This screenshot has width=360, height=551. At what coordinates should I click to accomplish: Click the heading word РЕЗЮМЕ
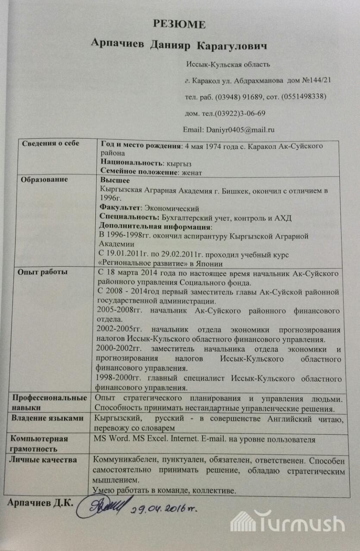pyautogui.click(x=179, y=25)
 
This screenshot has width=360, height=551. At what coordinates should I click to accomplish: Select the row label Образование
pyautogui.click(x=44, y=179)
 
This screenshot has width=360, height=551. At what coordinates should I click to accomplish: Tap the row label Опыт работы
pyautogui.click(x=42, y=272)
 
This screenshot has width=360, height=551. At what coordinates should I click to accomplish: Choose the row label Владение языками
pyautogui.click(x=47, y=418)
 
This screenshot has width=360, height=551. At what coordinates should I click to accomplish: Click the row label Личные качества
pyautogui.click(x=43, y=459)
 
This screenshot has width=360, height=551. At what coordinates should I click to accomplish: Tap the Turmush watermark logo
pyautogui.click(x=287, y=523)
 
